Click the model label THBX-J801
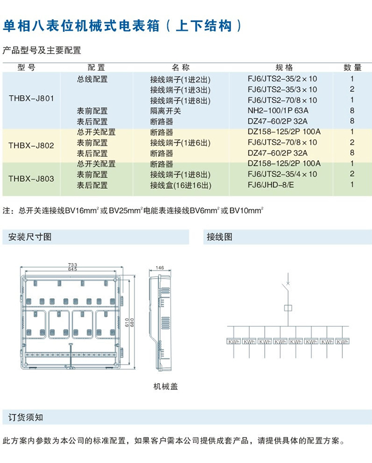31,98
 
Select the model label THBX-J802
31,144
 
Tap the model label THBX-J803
31,179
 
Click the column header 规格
284,68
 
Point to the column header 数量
352,68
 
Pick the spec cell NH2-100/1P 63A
278,111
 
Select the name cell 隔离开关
165,111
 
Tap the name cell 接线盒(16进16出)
181,185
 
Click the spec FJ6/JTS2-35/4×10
282,174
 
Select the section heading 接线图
219,237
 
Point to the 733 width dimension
72,264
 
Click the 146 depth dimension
160,267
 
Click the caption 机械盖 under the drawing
166,386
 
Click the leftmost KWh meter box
234,341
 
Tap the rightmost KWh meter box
343,341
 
